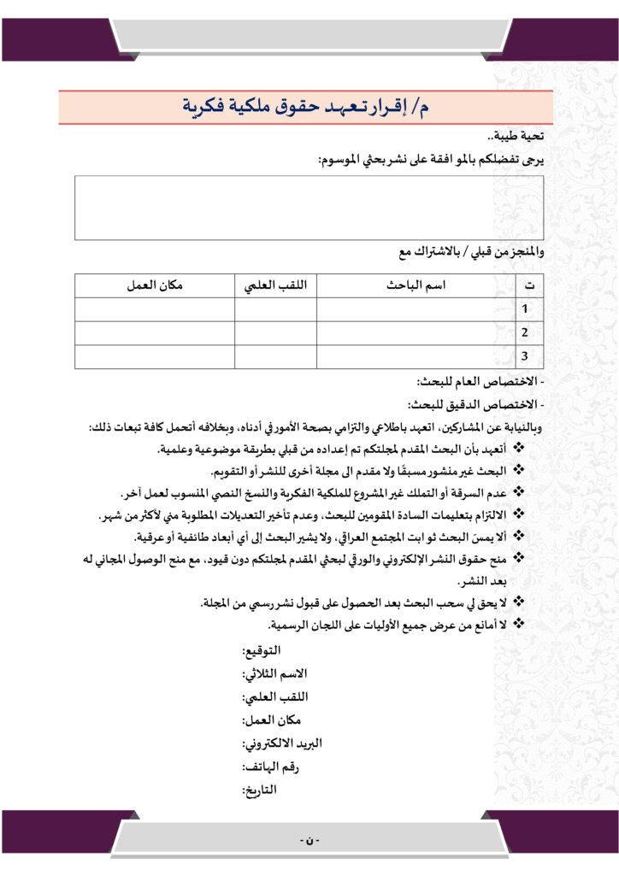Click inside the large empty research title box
[x=309, y=208]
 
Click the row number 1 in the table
[x=525, y=308]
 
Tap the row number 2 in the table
[x=525, y=332]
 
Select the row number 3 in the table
[x=525, y=356]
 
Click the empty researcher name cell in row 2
[x=416, y=332]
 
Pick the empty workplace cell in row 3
[x=155, y=356]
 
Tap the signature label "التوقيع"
[x=261, y=655]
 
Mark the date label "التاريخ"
[x=260, y=790]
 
